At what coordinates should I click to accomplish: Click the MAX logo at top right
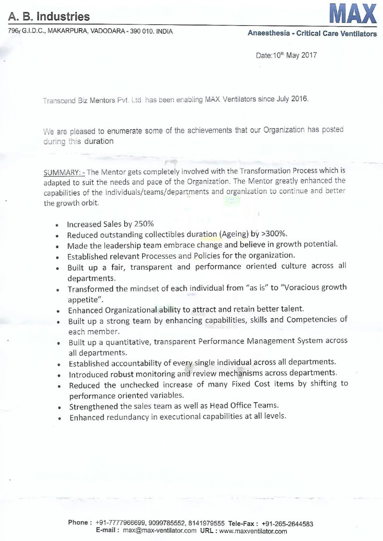(x=353, y=14)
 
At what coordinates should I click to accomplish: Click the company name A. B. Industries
(x=49, y=16)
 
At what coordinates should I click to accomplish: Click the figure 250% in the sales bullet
(x=144, y=224)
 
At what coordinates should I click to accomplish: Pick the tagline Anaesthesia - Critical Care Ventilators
(x=312, y=34)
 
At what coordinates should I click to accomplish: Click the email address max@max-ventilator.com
(x=160, y=531)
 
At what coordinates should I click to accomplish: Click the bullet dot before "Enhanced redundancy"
(x=60, y=418)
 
